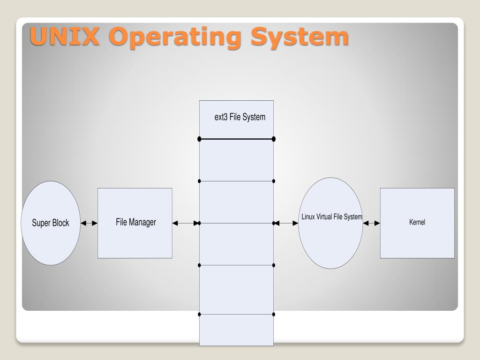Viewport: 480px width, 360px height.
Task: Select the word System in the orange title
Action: click(300, 37)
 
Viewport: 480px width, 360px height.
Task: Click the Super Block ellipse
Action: click(51, 223)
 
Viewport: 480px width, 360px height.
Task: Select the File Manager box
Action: click(135, 223)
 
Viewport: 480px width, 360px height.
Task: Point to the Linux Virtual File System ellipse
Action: click(330, 223)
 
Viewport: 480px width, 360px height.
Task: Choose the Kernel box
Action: click(417, 223)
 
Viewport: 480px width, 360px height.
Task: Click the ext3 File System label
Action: click(240, 117)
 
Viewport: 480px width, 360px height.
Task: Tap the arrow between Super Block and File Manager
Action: click(89, 224)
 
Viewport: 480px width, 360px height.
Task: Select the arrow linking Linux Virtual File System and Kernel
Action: click(371, 224)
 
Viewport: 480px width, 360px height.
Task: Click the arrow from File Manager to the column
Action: click(186, 224)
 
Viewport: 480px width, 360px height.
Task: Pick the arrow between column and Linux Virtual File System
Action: click(286, 224)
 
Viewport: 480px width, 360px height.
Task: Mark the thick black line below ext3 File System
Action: click(237, 139)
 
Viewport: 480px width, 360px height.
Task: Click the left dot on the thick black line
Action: click(200, 139)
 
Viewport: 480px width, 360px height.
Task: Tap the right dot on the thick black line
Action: click(274, 139)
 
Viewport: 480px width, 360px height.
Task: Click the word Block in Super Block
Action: click(60, 223)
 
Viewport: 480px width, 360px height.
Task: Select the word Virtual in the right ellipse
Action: click(324, 217)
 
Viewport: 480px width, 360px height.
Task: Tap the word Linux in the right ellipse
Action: click(308, 217)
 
